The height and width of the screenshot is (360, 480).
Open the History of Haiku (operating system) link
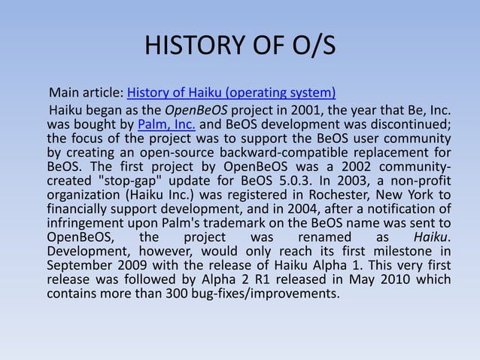[232, 94]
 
